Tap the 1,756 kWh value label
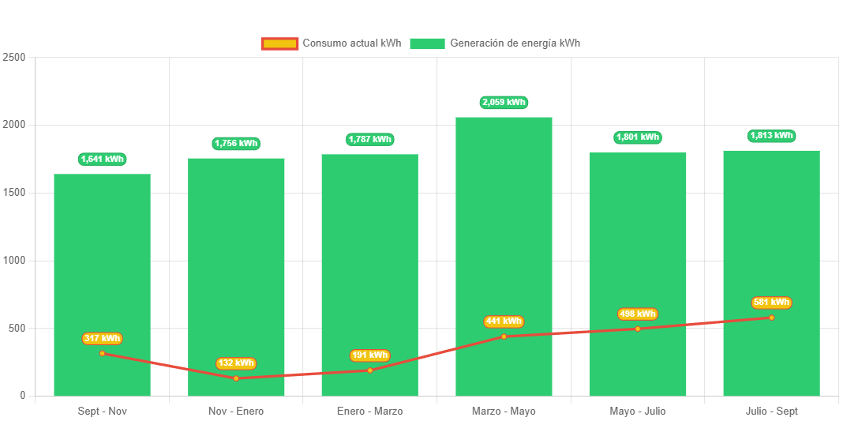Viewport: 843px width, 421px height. (236, 144)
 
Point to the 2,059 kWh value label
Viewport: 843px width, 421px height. (504, 103)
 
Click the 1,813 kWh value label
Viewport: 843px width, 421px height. (771, 136)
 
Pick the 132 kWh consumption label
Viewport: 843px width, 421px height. (236, 363)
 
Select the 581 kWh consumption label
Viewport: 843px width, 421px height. (771, 303)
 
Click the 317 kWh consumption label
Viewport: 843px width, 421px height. (102, 339)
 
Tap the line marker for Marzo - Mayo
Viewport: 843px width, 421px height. (504, 336)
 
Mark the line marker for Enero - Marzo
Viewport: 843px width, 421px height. (369, 370)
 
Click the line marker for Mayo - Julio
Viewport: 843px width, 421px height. (638, 329)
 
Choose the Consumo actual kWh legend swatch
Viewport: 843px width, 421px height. (279, 43)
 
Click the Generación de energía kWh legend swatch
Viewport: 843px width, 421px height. (427, 43)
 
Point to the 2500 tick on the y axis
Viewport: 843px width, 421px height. (14, 58)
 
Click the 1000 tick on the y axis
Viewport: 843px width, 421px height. (14, 261)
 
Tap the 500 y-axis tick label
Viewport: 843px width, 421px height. (17, 328)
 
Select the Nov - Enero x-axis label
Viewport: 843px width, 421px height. (236, 412)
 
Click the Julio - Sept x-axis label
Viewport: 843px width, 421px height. (771, 412)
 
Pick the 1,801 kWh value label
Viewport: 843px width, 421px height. (638, 137)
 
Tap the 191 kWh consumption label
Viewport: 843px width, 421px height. (369, 355)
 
